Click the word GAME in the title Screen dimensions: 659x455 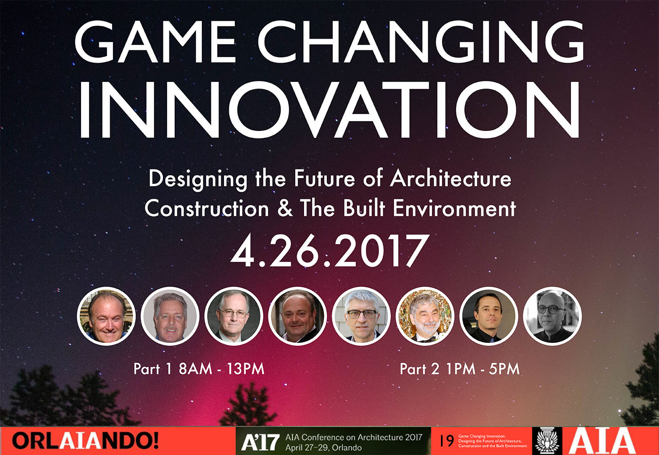[x=155, y=42]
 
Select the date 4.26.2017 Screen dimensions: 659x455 [x=329, y=251]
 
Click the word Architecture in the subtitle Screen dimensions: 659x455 [x=451, y=179]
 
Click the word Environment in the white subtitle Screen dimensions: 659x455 [x=455, y=208]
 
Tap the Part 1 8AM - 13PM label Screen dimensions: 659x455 [x=199, y=369]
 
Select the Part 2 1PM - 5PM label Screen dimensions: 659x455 [x=459, y=369]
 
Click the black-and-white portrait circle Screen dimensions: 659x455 [x=552, y=316]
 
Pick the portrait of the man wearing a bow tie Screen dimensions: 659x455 [x=425, y=316]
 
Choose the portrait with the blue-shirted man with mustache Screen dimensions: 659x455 [x=170, y=316]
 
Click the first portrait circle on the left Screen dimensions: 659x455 [x=106, y=316]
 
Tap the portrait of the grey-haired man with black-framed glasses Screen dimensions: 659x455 [x=362, y=316]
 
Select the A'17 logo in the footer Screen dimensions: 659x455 [x=260, y=442]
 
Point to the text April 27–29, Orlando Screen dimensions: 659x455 [x=323, y=447]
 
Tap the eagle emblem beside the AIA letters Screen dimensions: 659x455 [x=547, y=441]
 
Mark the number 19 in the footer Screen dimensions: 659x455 [x=447, y=441]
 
